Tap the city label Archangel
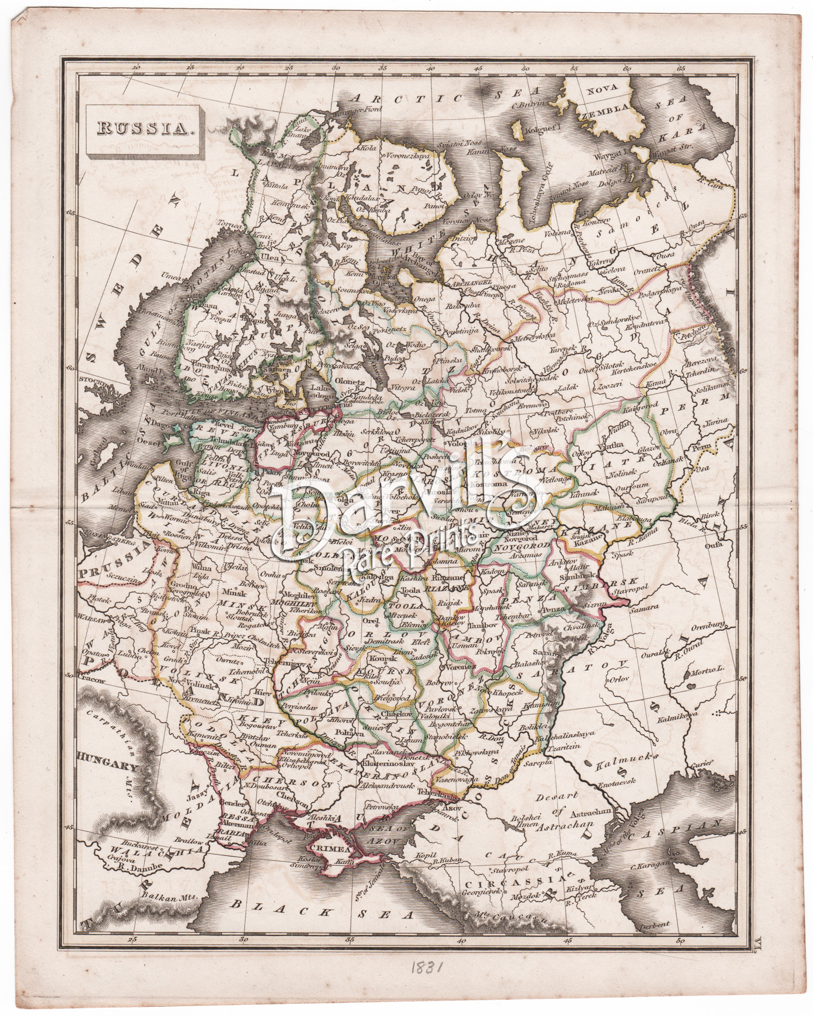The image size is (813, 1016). [463, 282]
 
